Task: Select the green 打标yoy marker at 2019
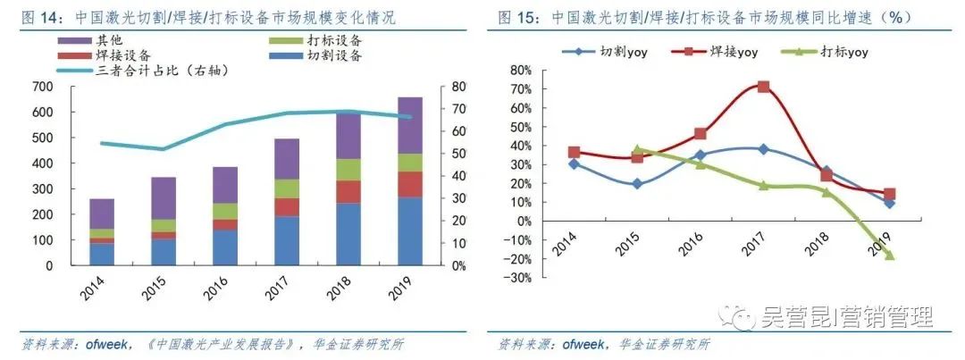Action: point(889,255)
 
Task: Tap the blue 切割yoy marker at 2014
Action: point(573,163)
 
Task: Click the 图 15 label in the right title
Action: point(515,18)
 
